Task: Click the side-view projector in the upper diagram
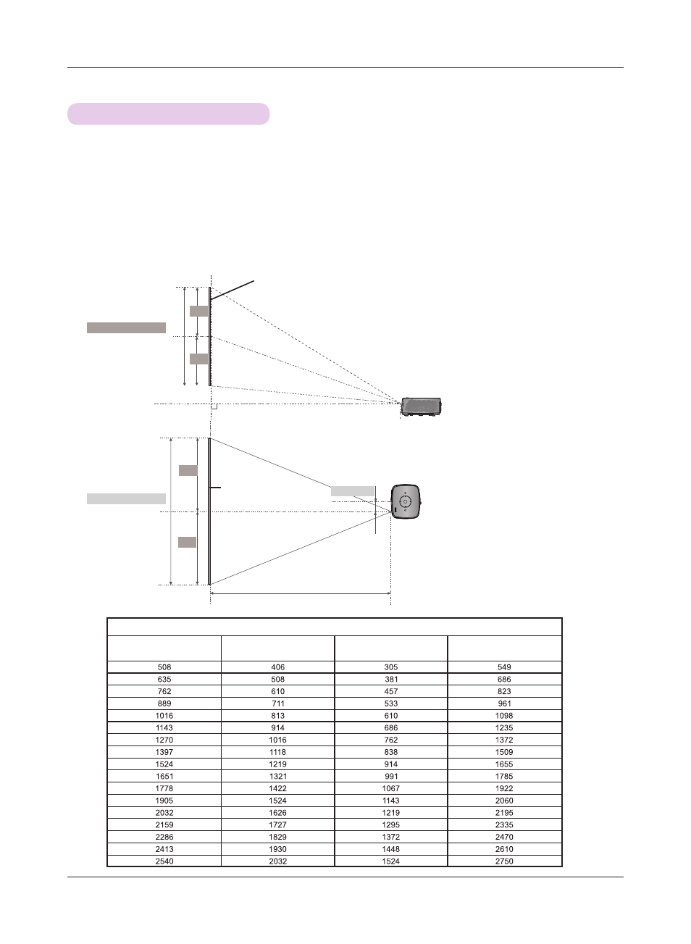421,406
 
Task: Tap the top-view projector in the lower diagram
406,501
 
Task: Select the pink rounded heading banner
168,114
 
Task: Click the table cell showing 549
504,667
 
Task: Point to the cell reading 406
277,667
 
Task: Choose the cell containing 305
390,667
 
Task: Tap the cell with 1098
504,716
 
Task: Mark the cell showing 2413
164,849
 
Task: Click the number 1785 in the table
504,776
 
